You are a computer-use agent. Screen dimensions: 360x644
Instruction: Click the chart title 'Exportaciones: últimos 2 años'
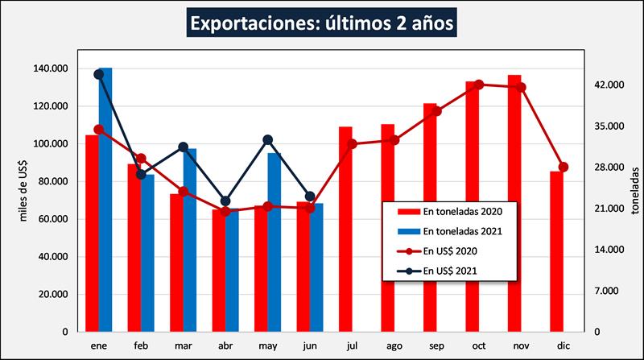tap(322, 22)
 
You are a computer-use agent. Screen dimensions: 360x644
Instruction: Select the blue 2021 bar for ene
tap(105, 201)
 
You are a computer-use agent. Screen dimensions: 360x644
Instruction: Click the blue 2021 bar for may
tap(275, 242)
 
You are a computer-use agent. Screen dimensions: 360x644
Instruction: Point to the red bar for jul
tap(345, 229)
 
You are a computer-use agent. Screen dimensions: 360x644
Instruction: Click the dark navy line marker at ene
tap(99, 74)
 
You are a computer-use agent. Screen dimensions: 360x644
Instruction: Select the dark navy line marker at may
tap(268, 140)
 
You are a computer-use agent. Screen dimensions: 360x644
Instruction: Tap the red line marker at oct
tap(479, 85)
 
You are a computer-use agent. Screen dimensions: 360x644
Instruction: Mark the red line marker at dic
tap(563, 167)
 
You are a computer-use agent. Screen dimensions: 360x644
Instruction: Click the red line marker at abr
tap(226, 212)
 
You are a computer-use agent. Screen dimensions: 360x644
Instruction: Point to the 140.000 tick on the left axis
tap(52, 68)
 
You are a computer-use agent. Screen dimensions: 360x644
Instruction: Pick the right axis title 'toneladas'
tap(635, 188)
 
